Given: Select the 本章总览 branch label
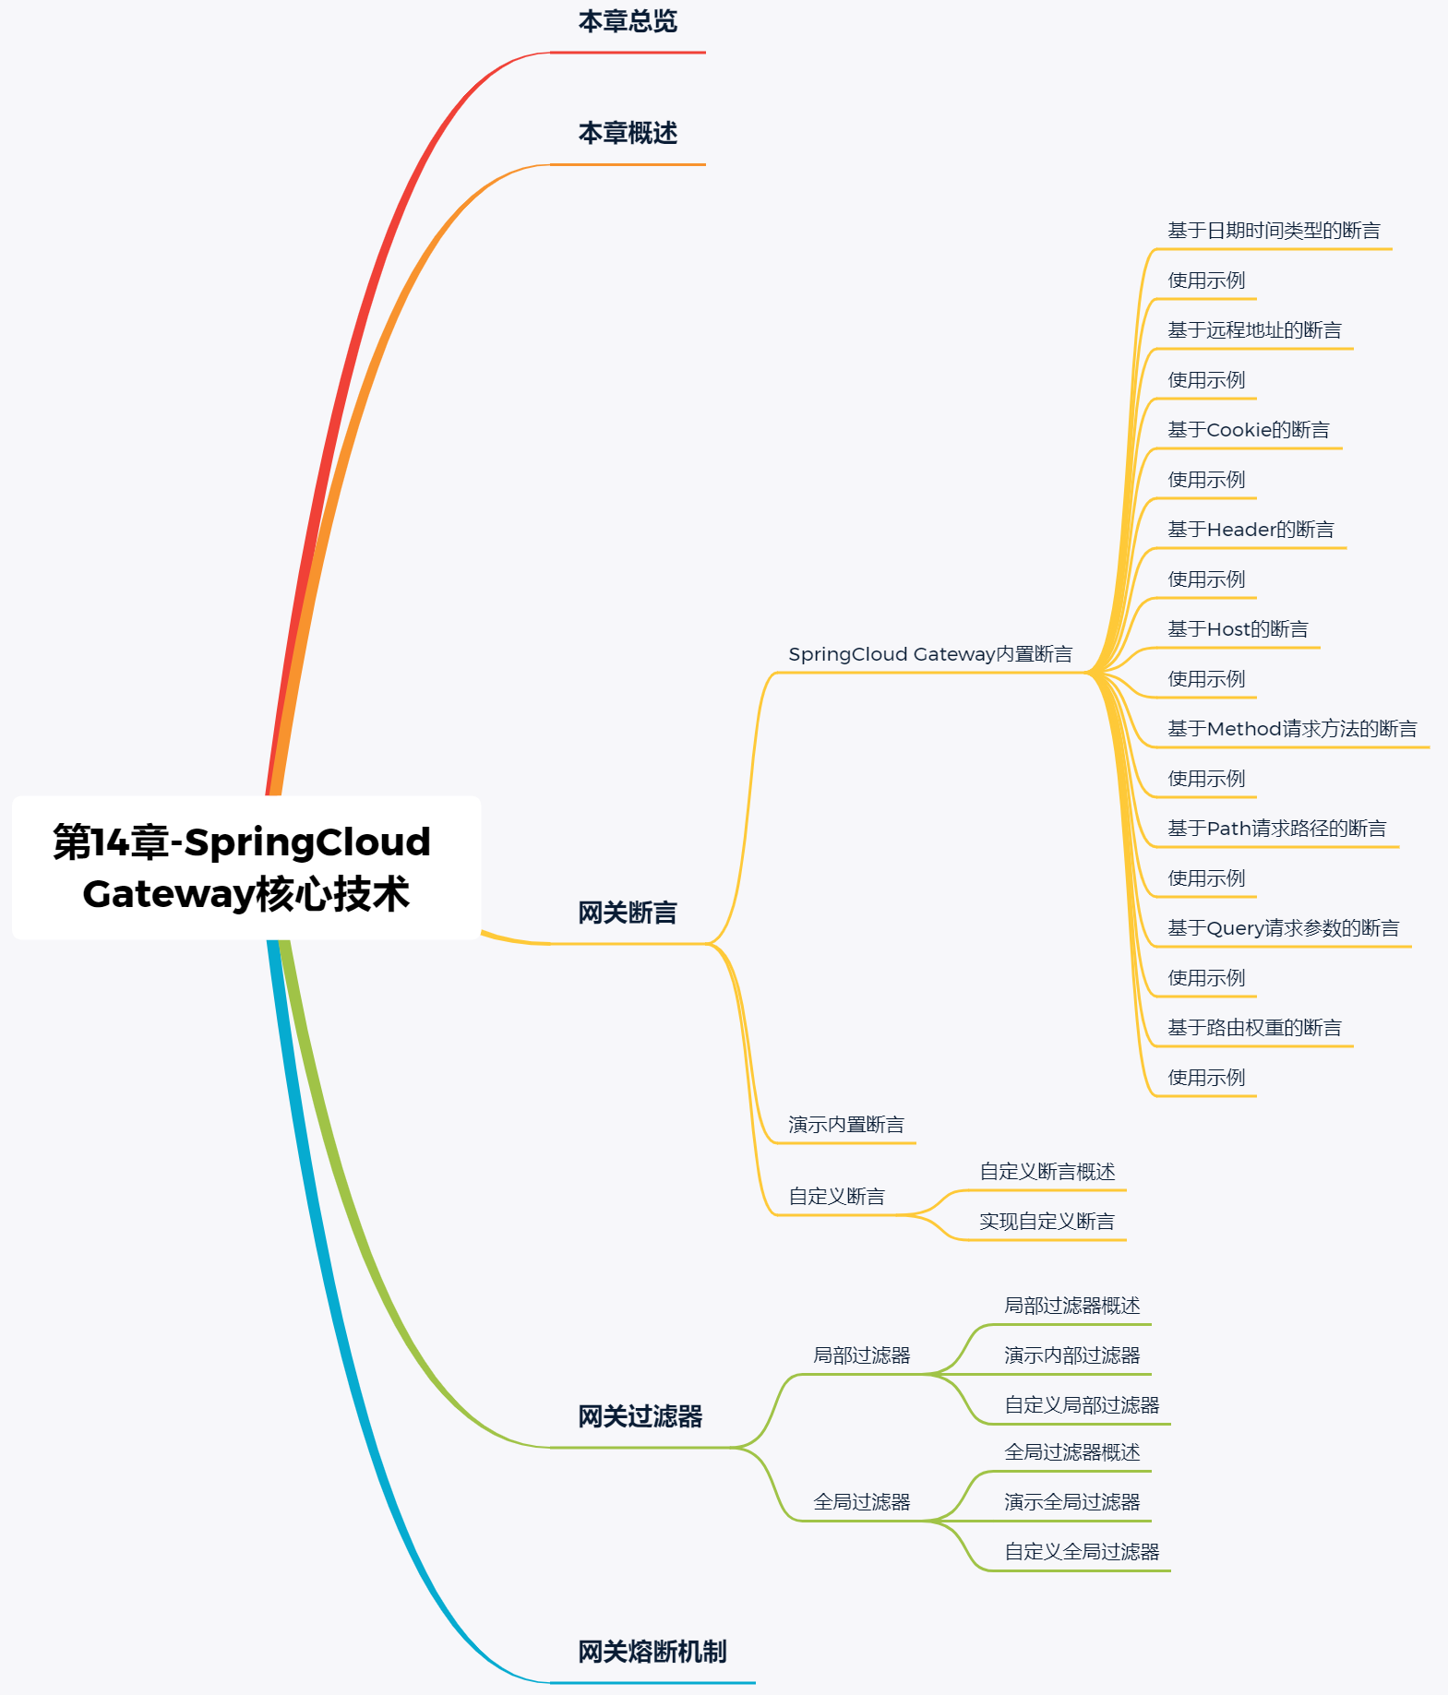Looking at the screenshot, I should pyautogui.click(x=628, y=21).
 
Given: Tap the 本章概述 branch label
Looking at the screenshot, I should pyautogui.click(x=628, y=133).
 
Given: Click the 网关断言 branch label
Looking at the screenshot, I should pyautogui.click(x=628, y=913).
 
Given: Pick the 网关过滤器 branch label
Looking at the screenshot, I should pyautogui.click(x=640, y=1416).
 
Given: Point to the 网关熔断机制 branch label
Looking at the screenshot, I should pyautogui.click(x=652, y=1652).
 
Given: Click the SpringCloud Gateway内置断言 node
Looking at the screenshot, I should pyautogui.click(x=929, y=654).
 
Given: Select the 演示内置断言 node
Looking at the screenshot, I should pyautogui.click(x=845, y=1125).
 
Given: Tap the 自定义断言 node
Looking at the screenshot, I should pyautogui.click(x=836, y=1197).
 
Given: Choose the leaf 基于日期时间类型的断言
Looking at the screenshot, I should pyautogui.click(x=1274, y=231).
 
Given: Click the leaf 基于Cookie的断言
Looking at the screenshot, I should pyautogui.click(x=1248, y=430).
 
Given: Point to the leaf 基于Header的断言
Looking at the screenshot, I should pyautogui.click(x=1251, y=530).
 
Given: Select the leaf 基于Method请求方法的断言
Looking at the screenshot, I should pyautogui.click(x=1291, y=729).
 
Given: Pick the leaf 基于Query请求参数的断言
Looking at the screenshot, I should pyautogui.click(x=1283, y=928).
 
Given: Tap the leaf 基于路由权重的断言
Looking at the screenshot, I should pyautogui.click(x=1254, y=1028).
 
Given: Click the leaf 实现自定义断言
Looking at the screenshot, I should pyautogui.click(x=1047, y=1222).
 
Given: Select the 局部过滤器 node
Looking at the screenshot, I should pyautogui.click(x=861, y=1355).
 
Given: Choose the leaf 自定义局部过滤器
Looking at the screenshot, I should pyautogui.click(x=1082, y=1405).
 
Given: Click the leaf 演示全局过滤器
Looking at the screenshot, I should pyautogui.click(x=1071, y=1502).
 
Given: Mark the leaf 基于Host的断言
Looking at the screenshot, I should pyautogui.click(x=1238, y=629).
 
